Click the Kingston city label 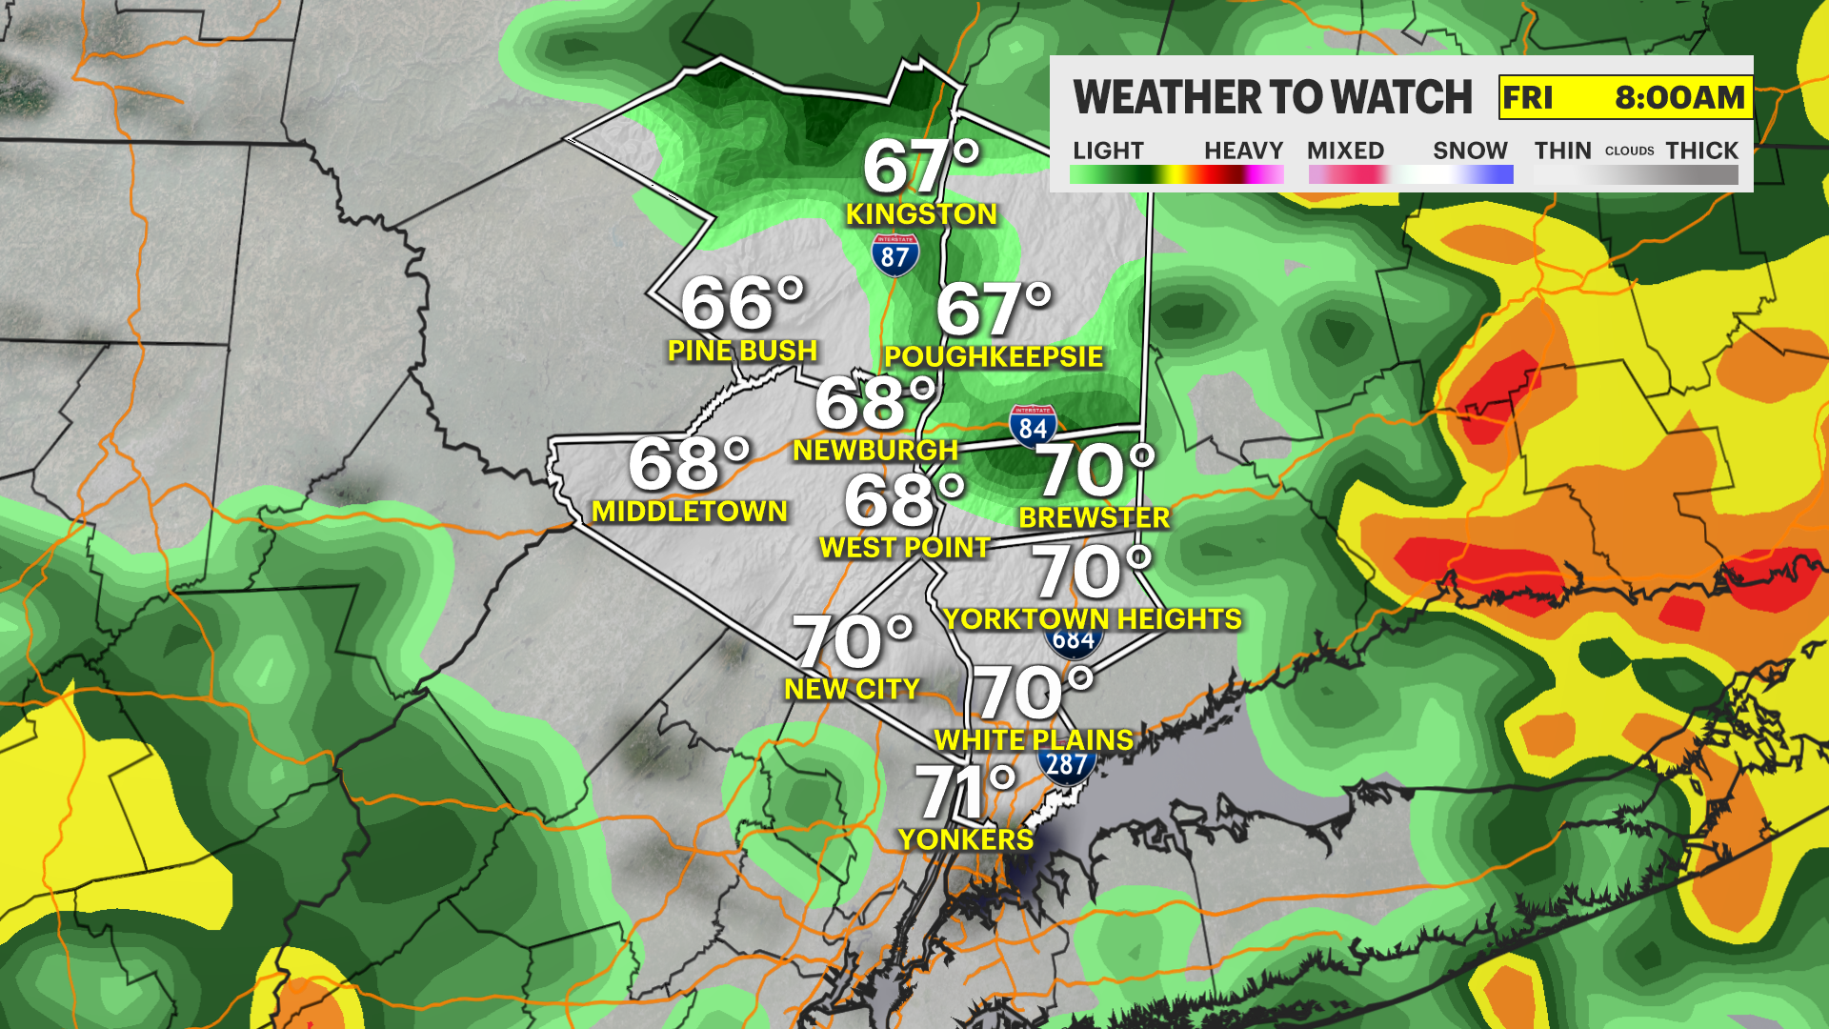[x=921, y=214]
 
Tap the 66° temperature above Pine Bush [x=743, y=303]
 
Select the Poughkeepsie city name [x=993, y=357]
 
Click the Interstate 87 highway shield [x=894, y=255]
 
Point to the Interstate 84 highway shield [x=1033, y=426]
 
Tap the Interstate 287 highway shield [x=1066, y=766]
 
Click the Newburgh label [x=874, y=450]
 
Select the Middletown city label [x=689, y=512]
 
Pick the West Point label [x=904, y=548]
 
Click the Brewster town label [x=1094, y=517]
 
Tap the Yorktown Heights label [x=1093, y=619]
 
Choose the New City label [x=852, y=689]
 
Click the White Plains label [x=1034, y=740]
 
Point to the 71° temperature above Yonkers [x=965, y=791]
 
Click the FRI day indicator [x=1527, y=97]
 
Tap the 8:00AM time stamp [x=1679, y=97]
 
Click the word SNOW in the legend [x=1470, y=151]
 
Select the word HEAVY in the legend [x=1243, y=151]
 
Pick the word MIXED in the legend [x=1345, y=151]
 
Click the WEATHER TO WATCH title [x=1273, y=97]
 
